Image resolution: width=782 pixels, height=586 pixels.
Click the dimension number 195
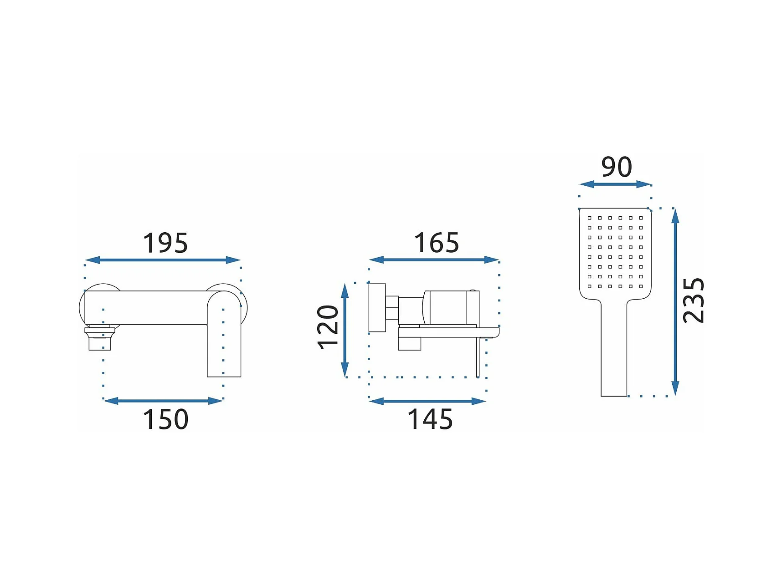coord(165,243)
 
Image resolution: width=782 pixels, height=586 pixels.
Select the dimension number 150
coord(165,419)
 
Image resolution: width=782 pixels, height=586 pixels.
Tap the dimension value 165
coord(436,243)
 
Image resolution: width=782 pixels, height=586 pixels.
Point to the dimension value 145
coord(430,419)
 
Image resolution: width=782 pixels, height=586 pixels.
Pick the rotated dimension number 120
coord(328,327)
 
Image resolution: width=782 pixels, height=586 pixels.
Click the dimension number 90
coord(616,167)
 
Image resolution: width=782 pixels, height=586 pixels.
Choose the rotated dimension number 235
coord(693,301)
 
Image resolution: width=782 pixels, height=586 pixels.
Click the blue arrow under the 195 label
coord(162,260)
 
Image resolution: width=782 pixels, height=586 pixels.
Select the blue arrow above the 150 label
coord(163,401)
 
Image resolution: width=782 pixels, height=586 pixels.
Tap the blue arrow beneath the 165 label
coord(434,260)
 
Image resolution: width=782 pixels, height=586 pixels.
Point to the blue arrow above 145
coord(427,401)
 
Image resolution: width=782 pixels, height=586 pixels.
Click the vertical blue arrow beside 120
coord(345,330)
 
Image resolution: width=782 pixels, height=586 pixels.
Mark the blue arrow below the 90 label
coord(615,184)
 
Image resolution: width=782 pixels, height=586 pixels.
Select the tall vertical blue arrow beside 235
coord(675,302)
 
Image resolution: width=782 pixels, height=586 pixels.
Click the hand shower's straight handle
coord(614,351)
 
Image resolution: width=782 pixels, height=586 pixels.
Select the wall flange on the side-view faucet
coord(377,307)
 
